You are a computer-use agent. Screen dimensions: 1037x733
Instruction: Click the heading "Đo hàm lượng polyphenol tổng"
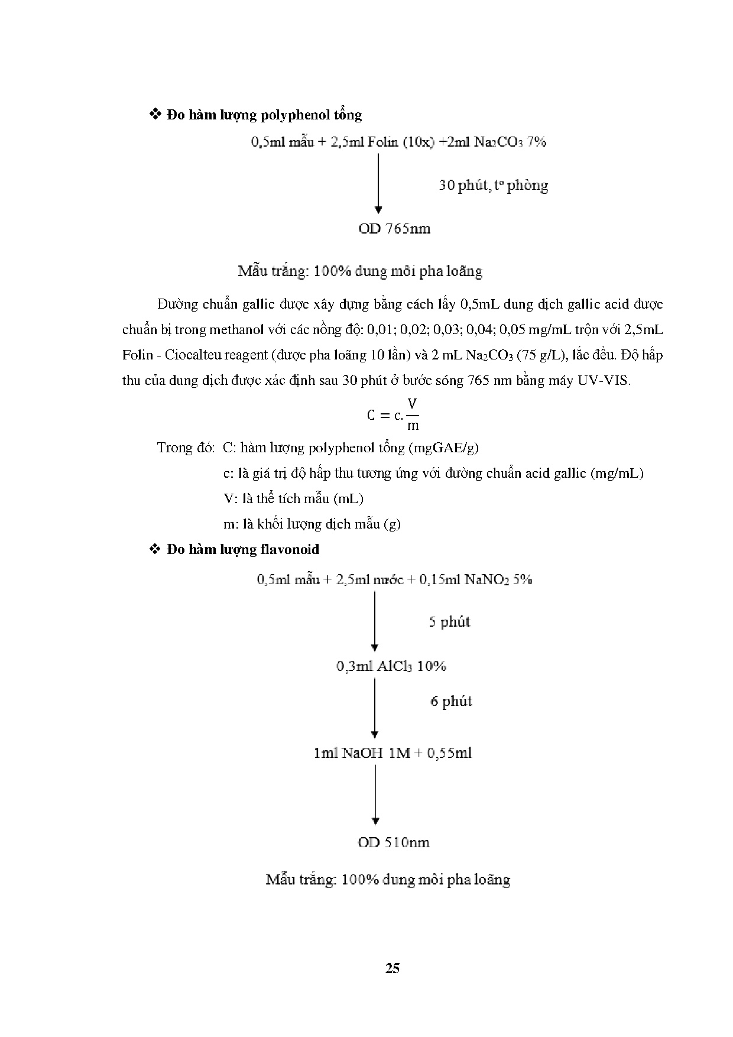(264, 115)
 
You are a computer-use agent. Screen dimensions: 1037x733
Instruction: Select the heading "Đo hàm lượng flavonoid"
(242, 549)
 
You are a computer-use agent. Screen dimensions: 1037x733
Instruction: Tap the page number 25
(392, 968)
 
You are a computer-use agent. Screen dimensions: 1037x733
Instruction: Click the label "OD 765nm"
(394, 229)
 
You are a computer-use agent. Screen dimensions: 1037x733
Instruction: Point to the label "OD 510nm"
(393, 842)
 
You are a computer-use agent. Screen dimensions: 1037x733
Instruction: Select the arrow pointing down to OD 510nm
(375, 795)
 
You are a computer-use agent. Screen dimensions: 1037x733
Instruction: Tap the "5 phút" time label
(449, 622)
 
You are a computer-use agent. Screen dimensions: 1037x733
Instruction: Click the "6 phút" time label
(451, 702)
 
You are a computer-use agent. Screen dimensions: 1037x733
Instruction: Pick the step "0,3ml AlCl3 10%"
(391, 666)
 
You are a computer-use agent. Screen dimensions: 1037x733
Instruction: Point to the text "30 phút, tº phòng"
(493, 186)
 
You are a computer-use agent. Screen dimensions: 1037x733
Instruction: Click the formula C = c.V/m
(393, 414)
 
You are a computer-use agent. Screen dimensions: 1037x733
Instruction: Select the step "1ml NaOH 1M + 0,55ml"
(393, 753)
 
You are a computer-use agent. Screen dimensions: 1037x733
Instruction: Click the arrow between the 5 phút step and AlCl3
(374, 621)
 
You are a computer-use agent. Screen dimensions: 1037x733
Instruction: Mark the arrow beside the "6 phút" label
(374, 707)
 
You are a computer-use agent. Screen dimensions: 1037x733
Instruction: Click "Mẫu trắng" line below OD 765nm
(360, 272)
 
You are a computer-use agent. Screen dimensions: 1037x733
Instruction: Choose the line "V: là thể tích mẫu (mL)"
(293, 498)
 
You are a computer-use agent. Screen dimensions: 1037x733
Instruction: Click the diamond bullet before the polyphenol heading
(156, 114)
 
